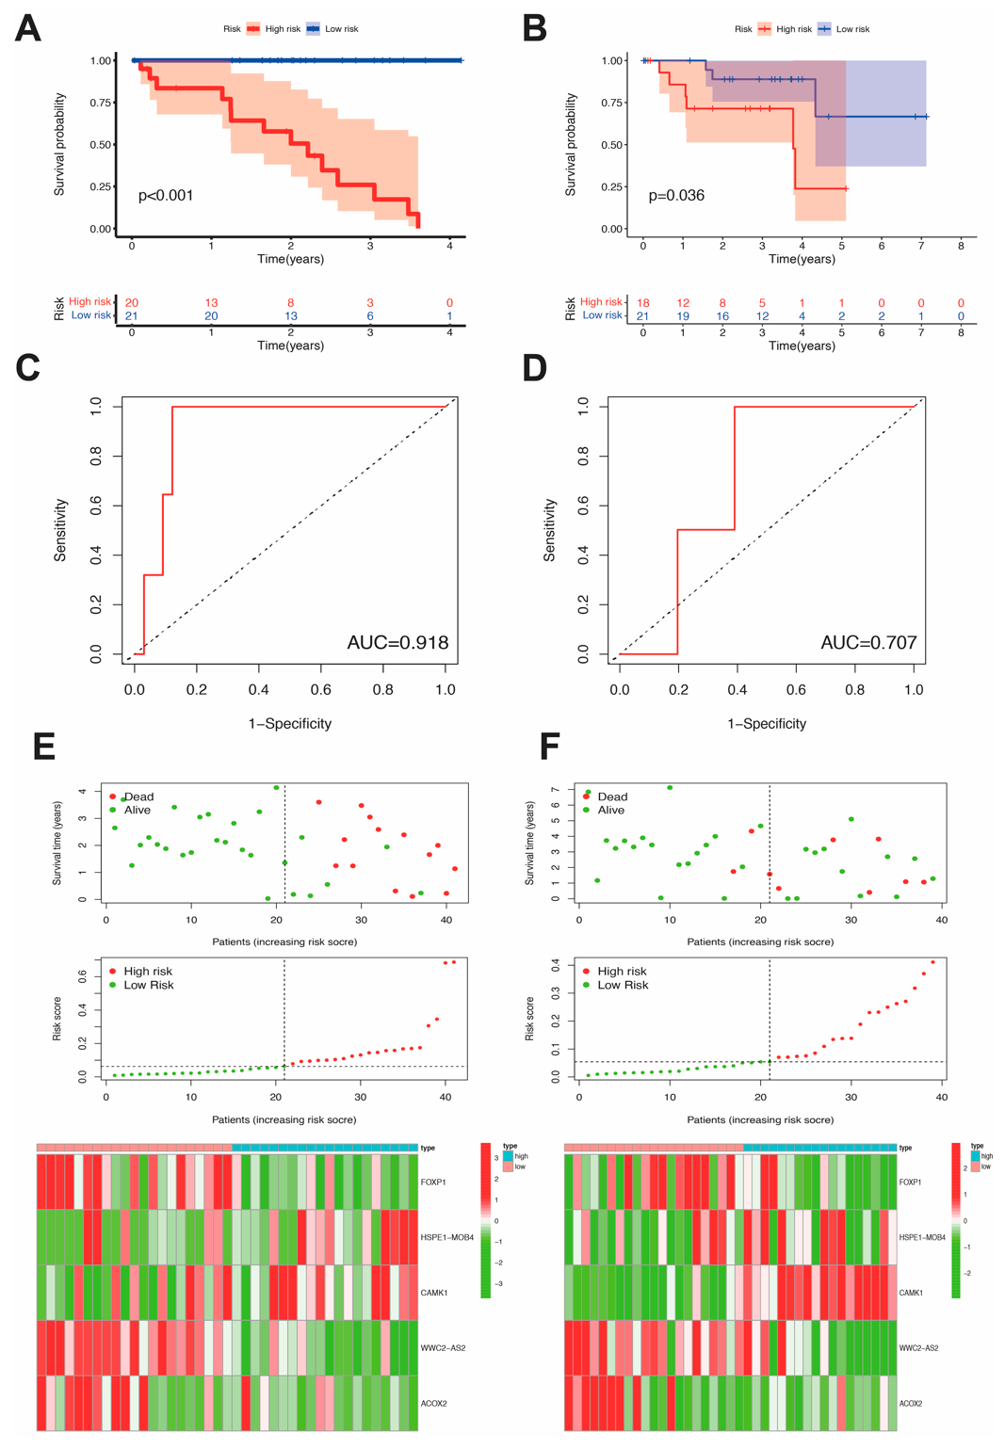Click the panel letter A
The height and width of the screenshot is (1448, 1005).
point(28,28)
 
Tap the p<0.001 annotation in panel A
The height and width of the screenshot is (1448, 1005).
point(166,196)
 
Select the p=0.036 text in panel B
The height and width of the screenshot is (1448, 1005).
point(676,196)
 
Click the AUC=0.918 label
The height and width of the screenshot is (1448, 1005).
point(397,643)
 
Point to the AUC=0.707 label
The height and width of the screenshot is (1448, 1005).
point(868,643)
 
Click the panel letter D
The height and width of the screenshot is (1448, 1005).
point(535,368)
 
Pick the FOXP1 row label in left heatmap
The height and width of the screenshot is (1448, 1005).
point(434,1182)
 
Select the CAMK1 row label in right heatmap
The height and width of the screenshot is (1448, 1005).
point(911,1293)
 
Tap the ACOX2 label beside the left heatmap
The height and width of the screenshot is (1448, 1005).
point(434,1404)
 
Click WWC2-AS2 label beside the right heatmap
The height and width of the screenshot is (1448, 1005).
point(918,1348)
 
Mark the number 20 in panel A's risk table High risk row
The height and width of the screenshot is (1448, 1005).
point(132,302)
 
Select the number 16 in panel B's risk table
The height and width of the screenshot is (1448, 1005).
point(722,316)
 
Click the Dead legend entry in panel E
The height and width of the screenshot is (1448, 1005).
point(138,796)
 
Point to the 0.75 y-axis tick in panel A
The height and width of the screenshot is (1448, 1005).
point(101,103)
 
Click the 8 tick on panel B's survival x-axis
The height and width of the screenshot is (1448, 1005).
point(961,247)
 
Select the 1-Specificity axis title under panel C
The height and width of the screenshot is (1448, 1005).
point(289,724)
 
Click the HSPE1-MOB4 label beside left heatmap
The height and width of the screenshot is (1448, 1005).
point(447,1237)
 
